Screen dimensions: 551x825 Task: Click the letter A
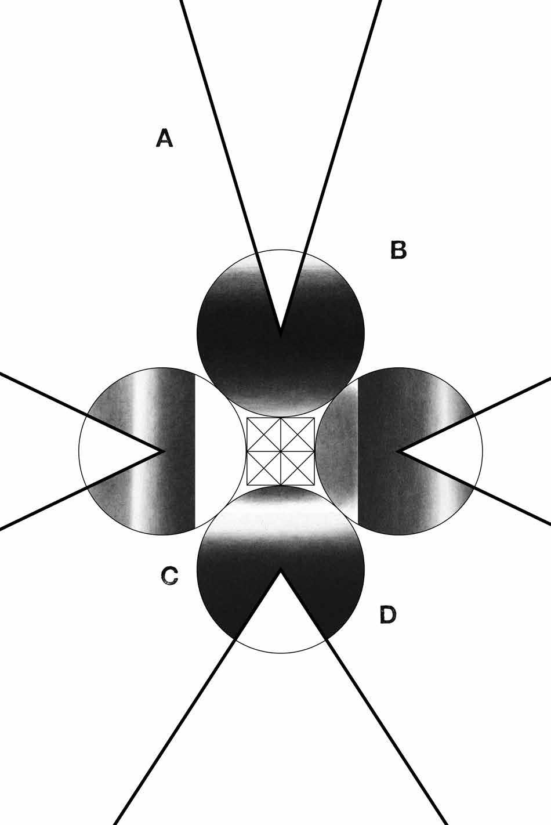click(164, 139)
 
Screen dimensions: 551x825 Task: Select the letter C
click(169, 576)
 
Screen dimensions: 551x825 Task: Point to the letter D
click(387, 614)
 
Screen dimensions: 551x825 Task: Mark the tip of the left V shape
click(162, 450)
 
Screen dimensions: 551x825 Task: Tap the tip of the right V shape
click(398, 450)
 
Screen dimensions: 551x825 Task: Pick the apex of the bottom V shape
click(281, 571)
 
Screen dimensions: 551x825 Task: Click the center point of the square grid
click(281, 451)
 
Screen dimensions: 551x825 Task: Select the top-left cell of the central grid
click(264, 435)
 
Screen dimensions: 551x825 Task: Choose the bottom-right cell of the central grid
click(298, 468)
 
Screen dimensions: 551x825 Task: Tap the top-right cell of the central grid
click(298, 435)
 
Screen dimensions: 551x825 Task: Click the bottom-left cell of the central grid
click(264, 468)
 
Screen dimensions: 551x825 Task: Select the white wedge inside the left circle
click(110, 450)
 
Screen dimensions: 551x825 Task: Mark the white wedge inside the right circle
click(452, 450)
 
